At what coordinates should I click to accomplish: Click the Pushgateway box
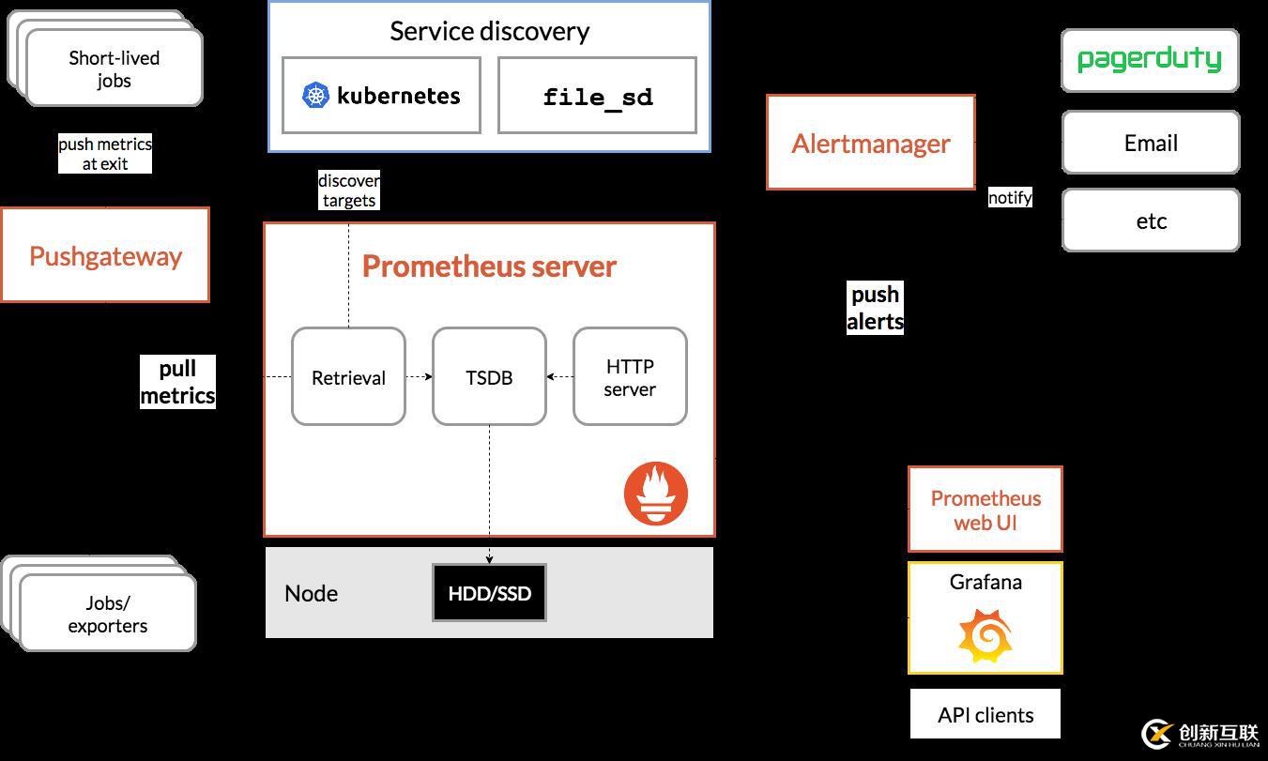coord(105,255)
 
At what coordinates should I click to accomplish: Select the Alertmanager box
coord(870,143)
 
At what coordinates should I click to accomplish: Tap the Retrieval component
coord(348,377)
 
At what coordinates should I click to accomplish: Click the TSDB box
coord(489,377)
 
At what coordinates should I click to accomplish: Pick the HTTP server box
coord(630,377)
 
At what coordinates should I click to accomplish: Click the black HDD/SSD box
coord(489,593)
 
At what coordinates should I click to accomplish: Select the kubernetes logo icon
coord(316,95)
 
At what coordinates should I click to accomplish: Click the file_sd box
coord(597,96)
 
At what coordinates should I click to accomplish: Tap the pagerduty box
coord(1150,60)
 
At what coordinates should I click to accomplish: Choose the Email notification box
coord(1151,143)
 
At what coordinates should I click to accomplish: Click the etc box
coord(1151,221)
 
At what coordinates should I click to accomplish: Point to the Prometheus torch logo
coord(656,494)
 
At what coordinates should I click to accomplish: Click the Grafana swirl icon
coord(985,635)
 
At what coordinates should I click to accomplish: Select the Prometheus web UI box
coord(985,510)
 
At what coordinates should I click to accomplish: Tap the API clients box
coord(985,714)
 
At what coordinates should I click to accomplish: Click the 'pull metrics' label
coord(177,382)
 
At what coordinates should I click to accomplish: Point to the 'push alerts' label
coord(875,308)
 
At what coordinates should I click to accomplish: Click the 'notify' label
coord(1010,197)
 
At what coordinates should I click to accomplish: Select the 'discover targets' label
coord(349,190)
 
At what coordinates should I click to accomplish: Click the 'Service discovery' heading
coord(489,31)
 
